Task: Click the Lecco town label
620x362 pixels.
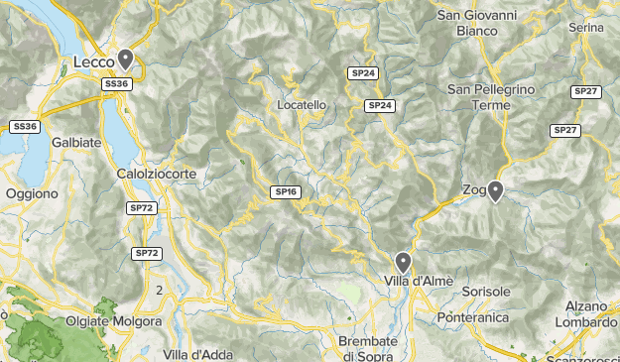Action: coord(95,63)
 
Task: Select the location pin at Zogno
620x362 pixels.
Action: coord(494,190)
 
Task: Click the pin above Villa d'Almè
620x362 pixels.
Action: coord(403,262)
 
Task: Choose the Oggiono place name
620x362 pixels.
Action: coord(32,194)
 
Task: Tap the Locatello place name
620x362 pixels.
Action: coord(302,104)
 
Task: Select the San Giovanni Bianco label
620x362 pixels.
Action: coord(477,23)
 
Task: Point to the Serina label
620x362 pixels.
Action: coord(587,27)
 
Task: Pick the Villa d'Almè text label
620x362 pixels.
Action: coord(419,281)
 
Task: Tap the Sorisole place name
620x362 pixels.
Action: coord(486,293)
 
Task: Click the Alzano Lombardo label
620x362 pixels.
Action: coord(586,314)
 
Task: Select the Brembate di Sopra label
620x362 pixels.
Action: coord(368,347)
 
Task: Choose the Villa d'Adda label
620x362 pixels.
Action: coord(197,354)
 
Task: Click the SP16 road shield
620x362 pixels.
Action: coord(287,191)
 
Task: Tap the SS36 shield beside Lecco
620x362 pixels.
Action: coord(117,84)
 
